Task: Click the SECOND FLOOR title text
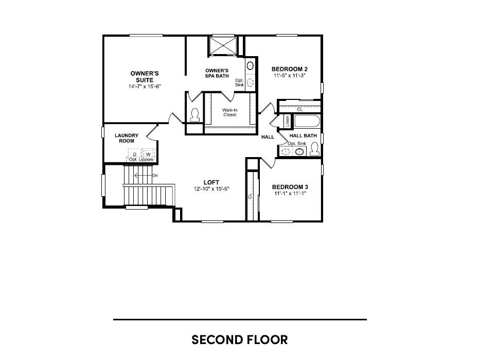tap(239, 340)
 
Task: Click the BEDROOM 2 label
tap(290, 69)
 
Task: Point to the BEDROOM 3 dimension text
tap(290, 193)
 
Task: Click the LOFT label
tap(211, 182)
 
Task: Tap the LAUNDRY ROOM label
tap(126, 138)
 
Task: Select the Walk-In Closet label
tap(229, 112)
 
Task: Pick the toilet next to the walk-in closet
tap(195, 115)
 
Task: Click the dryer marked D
tap(134, 154)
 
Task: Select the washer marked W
tap(148, 154)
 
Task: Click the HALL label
tap(268, 137)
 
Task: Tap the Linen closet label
tap(287, 122)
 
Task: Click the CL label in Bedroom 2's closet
tap(300, 109)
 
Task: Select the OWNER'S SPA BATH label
tap(217, 73)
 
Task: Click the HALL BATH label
tap(303, 135)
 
